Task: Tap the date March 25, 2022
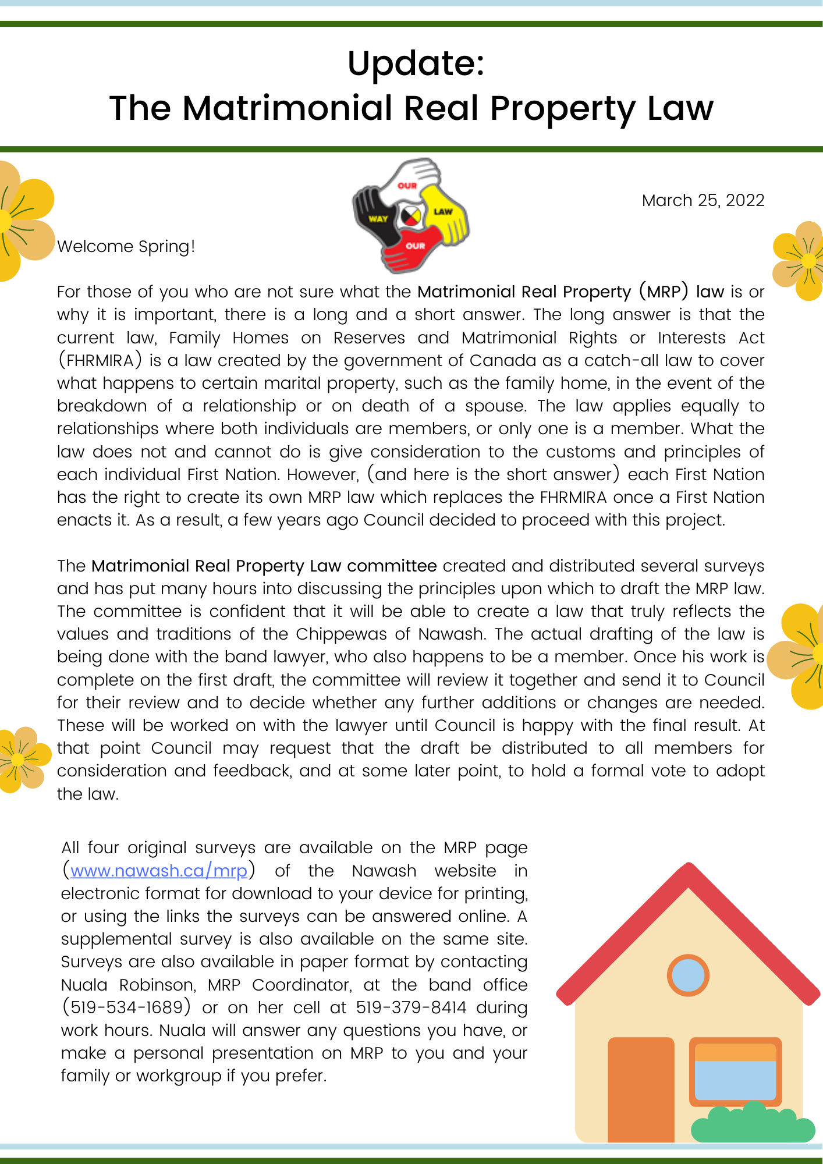(703, 200)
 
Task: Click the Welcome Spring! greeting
(126, 246)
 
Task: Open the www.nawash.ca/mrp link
(159, 871)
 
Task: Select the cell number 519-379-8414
(411, 1007)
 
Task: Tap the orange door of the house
(640, 1088)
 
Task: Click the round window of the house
(688, 975)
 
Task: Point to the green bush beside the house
(752, 1123)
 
